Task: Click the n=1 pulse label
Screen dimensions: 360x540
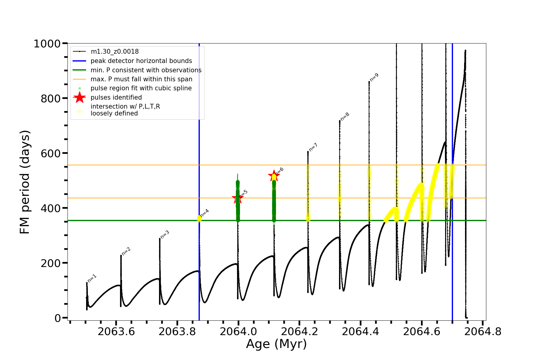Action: pyautogui.click(x=92, y=278)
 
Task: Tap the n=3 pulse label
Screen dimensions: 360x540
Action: pyautogui.click(x=165, y=235)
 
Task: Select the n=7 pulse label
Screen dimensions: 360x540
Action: pyautogui.click(x=313, y=147)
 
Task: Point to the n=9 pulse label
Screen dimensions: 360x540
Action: pyautogui.click(x=374, y=77)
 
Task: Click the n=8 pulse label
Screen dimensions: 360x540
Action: pyautogui.click(x=345, y=116)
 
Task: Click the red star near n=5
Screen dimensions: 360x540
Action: pyautogui.click(x=237, y=198)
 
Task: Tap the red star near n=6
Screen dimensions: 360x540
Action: pyautogui.click(x=274, y=176)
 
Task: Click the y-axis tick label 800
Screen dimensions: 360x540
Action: pyautogui.click(x=50, y=98)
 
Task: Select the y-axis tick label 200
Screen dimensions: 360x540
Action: pyautogui.click(x=50, y=263)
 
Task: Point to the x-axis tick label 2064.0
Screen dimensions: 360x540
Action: pyautogui.click(x=238, y=332)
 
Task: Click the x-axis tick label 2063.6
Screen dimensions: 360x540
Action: pyautogui.click(x=116, y=332)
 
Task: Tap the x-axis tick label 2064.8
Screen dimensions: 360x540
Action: pyautogui.click(x=483, y=332)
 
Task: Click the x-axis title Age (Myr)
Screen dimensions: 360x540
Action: pyautogui.click(x=276, y=344)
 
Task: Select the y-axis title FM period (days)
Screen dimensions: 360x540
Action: pyautogui.click(x=25, y=182)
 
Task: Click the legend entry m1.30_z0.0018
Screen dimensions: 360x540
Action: pyautogui.click(x=115, y=52)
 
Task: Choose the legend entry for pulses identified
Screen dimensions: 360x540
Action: pyautogui.click(x=116, y=97)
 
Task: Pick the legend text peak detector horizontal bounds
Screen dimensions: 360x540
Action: pyautogui.click(x=141, y=61)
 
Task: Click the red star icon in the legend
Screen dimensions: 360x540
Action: pyautogui.click(x=79, y=97)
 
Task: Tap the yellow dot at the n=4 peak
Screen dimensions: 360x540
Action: pyautogui.click(x=199, y=218)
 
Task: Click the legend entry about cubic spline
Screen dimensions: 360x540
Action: pyautogui.click(x=141, y=88)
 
